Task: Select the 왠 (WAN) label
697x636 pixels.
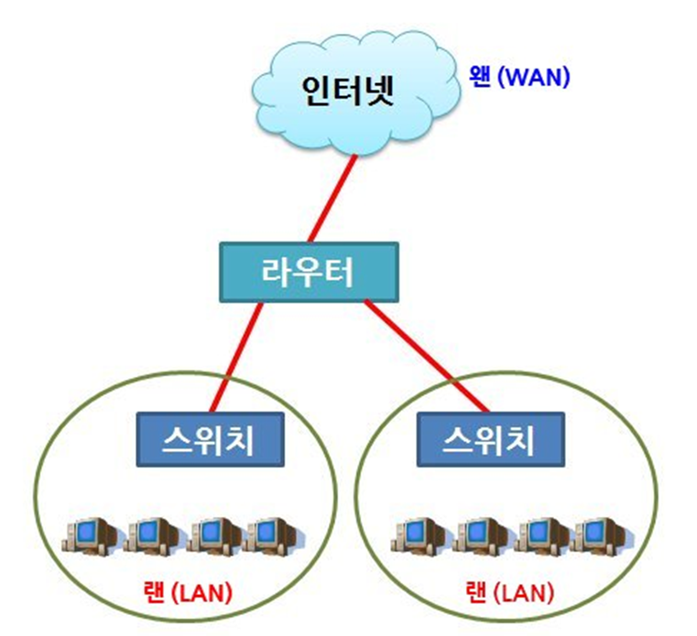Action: [518, 76]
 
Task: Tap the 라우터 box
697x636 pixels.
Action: [309, 272]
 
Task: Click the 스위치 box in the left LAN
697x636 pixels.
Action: [209, 439]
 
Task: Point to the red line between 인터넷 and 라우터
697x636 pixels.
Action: [332, 198]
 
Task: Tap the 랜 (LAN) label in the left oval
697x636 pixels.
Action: [187, 592]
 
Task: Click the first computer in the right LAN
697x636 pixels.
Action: [418, 534]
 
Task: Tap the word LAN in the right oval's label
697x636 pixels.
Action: [526, 592]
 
